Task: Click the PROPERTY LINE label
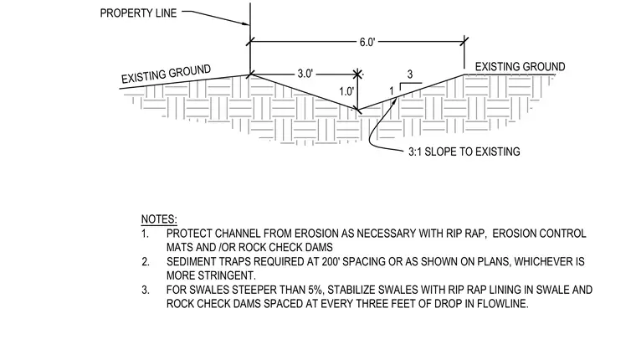pyautogui.click(x=138, y=13)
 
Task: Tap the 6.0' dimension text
pyautogui.click(x=367, y=42)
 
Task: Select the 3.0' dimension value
pyautogui.click(x=305, y=74)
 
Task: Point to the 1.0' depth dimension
pyautogui.click(x=346, y=92)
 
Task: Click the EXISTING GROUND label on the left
pyautogui.click(x=167, y=74)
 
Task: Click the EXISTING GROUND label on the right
pyautogui.click(x=520, y=67)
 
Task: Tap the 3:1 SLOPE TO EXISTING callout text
pyautogui.click(x=464, y=152)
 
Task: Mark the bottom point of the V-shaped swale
pyautogui.click(x=357, y=110)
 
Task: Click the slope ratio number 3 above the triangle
pyautogui.click(x=410, y=75)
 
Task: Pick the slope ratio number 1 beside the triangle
pyautogui.click(x=392, y=91)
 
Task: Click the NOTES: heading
pyautogui.click(x=159, y=219)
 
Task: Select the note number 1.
pyautogui.click(x=146, y=234)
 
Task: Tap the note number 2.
pyautogui.click(x=146, y=262)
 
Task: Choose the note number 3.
pyautogui.click(x=146, y=291)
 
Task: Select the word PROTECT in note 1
pyautogui.click(x=189, y=234)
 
